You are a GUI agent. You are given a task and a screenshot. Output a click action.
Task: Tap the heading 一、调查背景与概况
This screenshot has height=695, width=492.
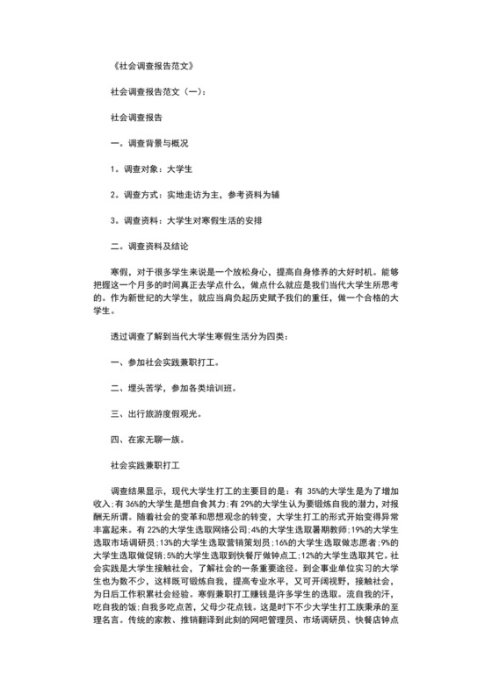(150, 142)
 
